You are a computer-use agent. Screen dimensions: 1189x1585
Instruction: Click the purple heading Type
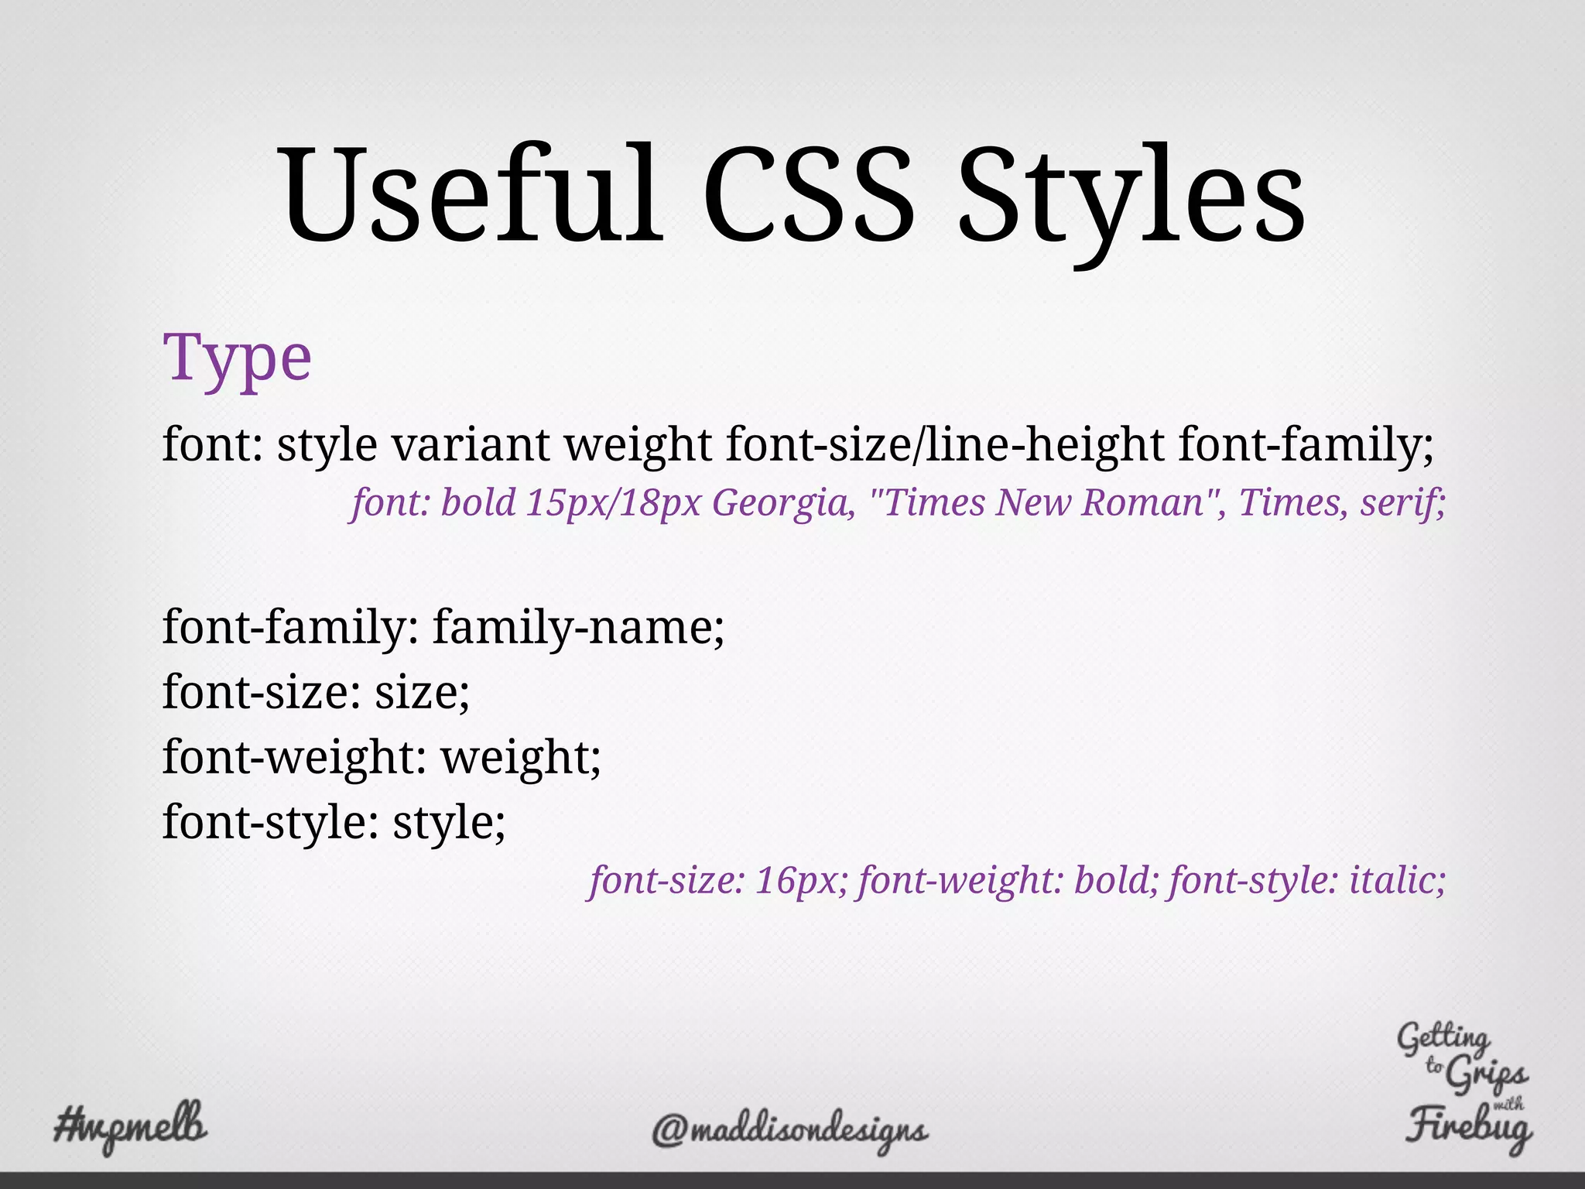[237, 358]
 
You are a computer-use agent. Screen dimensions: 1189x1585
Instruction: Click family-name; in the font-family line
[578, 627]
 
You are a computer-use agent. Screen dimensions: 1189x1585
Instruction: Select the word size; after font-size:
[423, 691]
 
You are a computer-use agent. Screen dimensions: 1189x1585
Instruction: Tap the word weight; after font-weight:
[521, 757]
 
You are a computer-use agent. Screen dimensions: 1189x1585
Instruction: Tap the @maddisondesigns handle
[789, 1132]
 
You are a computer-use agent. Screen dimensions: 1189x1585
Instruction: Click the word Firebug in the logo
[1468, 1126]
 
